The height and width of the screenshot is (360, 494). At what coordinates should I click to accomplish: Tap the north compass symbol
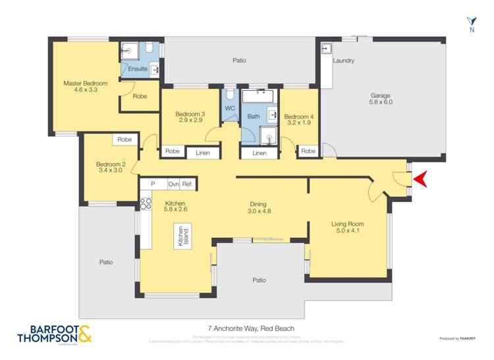tap(470, 24)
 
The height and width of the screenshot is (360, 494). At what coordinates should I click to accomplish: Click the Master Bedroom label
tap(85, 84)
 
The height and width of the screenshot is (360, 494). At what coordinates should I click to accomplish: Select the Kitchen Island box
tap(178, 236)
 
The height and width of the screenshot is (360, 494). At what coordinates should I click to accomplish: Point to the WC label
tap(230, 109)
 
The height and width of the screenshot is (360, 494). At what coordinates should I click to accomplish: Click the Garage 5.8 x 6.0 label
tap(381, 99)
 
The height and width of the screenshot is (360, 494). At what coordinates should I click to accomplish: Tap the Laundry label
tap(343, 61)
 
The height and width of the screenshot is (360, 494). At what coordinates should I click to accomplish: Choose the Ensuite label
tap(137, 68)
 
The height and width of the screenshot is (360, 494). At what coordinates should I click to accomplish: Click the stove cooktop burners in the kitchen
tap(145, 203)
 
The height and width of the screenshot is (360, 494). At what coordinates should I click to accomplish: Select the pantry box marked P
tap(153, 184)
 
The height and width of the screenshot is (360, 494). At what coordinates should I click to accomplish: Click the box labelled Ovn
tap(174, 184)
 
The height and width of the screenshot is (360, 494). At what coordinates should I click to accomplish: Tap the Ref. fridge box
tap(188, 184)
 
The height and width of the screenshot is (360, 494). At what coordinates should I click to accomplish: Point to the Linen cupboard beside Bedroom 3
tap(203, 153)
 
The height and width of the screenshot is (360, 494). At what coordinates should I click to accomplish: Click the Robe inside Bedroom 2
tap(124, 140)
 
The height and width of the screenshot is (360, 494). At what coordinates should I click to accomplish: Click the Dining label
tap(258, 203)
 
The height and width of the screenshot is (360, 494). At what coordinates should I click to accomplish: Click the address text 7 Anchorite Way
tap(246, 328)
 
